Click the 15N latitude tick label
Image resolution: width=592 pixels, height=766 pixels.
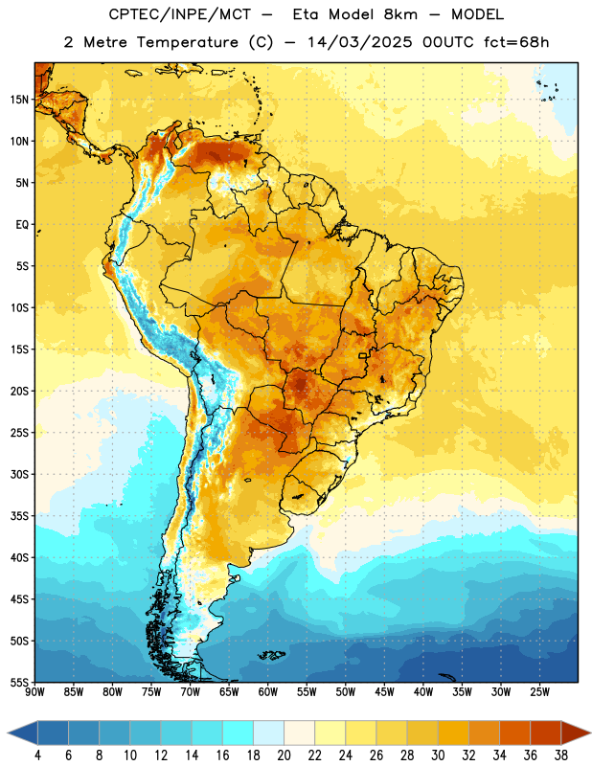click(19, 100)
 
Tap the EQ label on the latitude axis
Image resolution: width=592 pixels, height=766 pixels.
click(22, 225)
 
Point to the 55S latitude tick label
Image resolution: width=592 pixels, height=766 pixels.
click(19, 682)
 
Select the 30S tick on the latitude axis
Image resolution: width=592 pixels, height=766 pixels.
click(19, 474)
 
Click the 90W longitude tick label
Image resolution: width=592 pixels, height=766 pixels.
click(34, 691)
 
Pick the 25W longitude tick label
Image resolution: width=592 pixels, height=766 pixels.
click(539, 691)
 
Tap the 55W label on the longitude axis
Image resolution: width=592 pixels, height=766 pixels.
click(307, 691)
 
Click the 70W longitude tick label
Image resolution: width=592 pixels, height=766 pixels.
click(191, 691)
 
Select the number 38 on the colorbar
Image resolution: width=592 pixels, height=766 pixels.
click(561, 755)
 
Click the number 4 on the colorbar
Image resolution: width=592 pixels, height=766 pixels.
click(37, 755)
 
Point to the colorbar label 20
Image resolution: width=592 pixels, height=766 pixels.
click(284, 755)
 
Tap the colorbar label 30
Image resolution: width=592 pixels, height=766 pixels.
click(438, 755)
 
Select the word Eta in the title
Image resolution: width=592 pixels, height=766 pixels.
click(306, 14)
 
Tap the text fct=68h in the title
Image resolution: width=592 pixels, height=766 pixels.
click(516, 42)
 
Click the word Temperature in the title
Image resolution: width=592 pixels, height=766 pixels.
click(187, 42)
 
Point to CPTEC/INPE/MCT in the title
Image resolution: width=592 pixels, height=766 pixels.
click(180, 14)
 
